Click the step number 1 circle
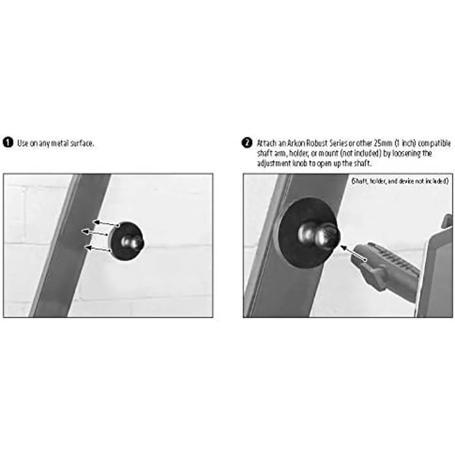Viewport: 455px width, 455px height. (8, 143)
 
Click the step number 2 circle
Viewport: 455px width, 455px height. (247, 143)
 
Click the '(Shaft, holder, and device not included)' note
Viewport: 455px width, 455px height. (400, 182)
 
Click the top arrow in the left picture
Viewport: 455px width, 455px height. (105, 224)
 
